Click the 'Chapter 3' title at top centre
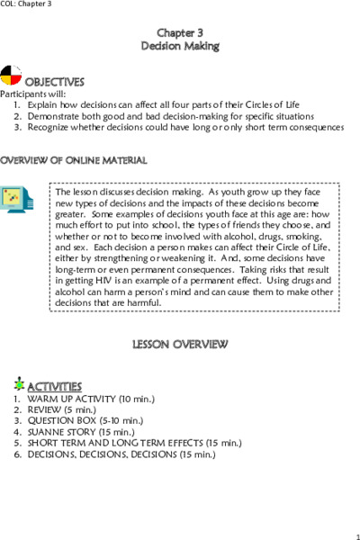click(180, 32)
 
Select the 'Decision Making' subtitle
click(180, 45)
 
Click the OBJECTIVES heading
click(55, 82)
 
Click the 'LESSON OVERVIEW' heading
click(180, 345)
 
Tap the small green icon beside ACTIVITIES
click(19, 382)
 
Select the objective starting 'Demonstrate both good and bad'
click(158, 116)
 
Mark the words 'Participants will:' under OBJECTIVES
click(33, 94)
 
